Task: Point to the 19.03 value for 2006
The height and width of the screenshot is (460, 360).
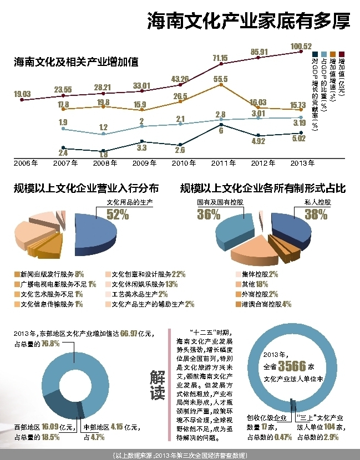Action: (x=22, y=94)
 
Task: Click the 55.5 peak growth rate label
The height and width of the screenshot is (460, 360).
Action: (x=220, y=79)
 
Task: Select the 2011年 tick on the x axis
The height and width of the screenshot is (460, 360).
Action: (x=224, y=163)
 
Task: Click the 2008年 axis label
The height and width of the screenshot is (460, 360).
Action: (x=104, y=163)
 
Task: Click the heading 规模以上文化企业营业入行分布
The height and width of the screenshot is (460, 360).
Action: (x=86, y=188)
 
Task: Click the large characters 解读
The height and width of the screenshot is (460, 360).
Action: (x=158, y=385)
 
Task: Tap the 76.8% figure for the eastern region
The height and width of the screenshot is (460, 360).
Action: (x=49, y=344)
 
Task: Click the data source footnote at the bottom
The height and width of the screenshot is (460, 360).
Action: (x=180, y=455)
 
